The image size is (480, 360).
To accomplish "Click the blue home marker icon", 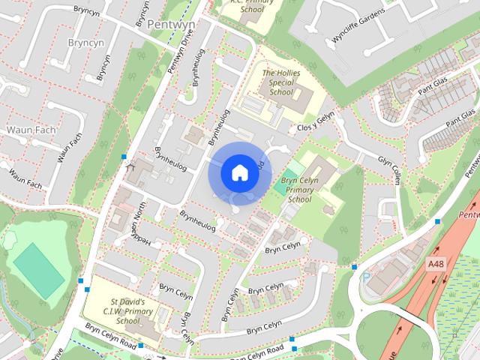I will pos(238,172).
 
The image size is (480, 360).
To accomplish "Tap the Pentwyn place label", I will pos(171,25).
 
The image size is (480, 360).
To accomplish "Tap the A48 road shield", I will pos(436,264).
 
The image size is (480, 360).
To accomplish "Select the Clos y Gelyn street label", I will pos(315,122).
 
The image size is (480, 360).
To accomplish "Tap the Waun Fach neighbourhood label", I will pos(31,130).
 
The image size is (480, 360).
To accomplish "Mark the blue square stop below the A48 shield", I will pos(437,221).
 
